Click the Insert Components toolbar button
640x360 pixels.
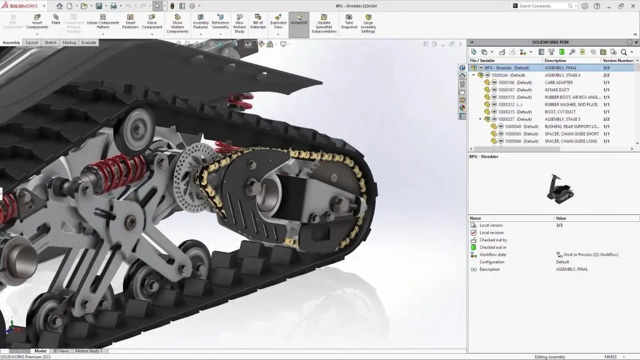tap(37, 22)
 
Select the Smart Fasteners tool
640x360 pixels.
tap(131, 22)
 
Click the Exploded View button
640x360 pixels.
tap(278, 22)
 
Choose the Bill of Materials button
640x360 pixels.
tap(258, 22)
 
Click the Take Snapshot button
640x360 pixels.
tap(349, 22)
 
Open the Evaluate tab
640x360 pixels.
tap(89, 42)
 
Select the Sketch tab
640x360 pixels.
tap(51, 42)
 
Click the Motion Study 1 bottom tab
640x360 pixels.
tap(89, 351)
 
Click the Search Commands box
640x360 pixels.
tap(541, 6)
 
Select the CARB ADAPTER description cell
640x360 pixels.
tap(558, 82)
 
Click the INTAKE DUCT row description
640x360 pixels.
tap(557, 90)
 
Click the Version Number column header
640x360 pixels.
tap(617, 61)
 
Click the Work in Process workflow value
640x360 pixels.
tap(591, 254)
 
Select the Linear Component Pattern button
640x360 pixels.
tap(103, 22)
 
